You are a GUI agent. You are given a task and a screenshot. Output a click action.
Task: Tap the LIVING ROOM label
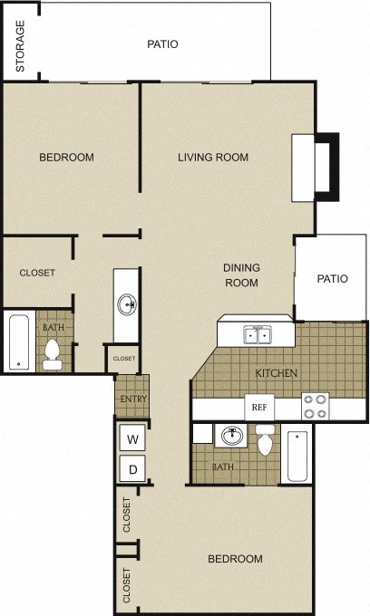pos(212,158)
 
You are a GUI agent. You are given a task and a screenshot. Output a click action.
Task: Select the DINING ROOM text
pos(242,274)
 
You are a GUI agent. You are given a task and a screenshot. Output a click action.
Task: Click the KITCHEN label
pos(277,373)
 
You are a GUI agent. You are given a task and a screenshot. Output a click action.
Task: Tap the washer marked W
pos(132,440)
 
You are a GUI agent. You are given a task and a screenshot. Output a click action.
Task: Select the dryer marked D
pos(132,470)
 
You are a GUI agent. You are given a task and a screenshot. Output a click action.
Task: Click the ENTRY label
pos(132,399)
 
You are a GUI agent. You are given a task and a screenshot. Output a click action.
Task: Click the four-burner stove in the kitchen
pos(314,406)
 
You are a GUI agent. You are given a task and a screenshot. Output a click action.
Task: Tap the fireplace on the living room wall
pos(314,168)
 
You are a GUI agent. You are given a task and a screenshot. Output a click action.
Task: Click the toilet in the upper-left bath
pos(53,354)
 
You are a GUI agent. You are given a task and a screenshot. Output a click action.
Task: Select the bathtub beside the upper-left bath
pos(18,342)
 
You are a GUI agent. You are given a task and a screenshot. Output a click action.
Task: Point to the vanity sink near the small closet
pos(127,303)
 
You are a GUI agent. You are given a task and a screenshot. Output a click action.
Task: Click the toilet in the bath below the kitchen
pos(266,443)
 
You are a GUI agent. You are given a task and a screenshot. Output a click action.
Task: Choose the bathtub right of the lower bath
pos(297,456)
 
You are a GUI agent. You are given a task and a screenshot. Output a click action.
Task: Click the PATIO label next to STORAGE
pos(162,43)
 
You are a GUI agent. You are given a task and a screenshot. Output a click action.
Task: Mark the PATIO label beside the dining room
pos(332,279)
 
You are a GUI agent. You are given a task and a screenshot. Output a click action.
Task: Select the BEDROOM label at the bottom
pos(235,559)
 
